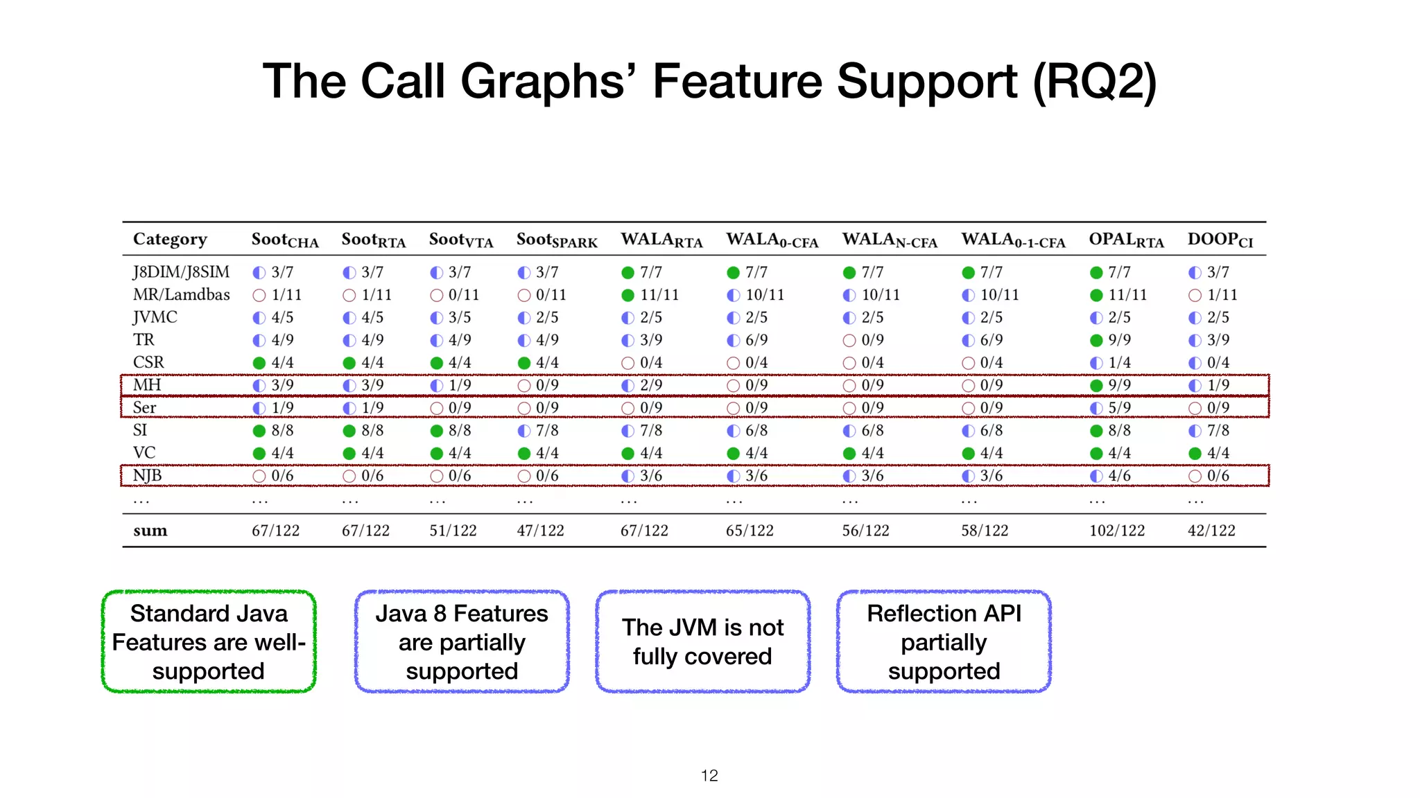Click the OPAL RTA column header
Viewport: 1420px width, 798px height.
point(1125,240)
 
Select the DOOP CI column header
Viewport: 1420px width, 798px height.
point(1220,240)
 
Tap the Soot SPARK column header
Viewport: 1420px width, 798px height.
point(556,240)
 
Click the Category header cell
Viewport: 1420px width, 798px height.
point(170,239)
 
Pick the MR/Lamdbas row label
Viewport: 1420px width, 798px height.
point(181,294)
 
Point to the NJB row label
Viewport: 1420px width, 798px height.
point(147,475)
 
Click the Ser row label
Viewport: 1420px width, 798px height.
point(144,407)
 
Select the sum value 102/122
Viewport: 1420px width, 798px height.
point(1116,531)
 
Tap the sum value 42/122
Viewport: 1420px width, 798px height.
point(1211,531)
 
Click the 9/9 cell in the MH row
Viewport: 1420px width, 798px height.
point(1118,385)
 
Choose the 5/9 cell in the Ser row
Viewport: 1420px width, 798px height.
point(1118,408)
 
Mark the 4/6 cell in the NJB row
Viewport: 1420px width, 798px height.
point(1118,476)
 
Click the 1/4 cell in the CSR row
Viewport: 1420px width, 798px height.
point(1118,362)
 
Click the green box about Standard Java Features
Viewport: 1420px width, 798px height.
point(209,641)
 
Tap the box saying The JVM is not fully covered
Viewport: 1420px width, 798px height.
point(702,641)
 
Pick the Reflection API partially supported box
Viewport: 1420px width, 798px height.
point(944,641)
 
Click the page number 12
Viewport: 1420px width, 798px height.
point(709,775)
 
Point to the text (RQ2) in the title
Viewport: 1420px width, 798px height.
point(1094,82)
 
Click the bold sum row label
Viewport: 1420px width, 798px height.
point(150,531)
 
